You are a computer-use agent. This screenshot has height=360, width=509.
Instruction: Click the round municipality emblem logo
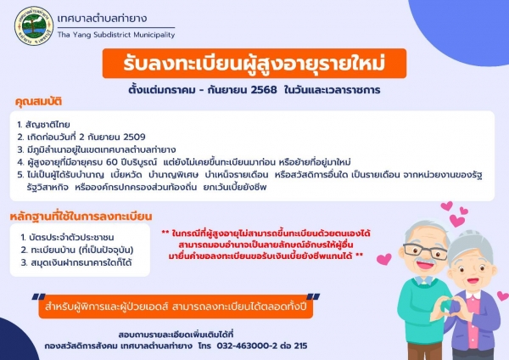point(34,25)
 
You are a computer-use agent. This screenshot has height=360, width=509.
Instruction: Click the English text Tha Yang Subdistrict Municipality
point(116,35)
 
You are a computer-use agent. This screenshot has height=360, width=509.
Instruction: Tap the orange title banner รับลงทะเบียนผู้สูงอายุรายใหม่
point(255,64)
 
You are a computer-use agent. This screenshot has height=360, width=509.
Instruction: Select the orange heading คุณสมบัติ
point(38,102)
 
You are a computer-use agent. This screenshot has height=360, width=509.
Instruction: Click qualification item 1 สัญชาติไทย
point(43,125)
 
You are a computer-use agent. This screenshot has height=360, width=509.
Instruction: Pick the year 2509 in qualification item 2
point(134,137)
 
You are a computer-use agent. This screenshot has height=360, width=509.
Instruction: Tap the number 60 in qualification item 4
point(113,162)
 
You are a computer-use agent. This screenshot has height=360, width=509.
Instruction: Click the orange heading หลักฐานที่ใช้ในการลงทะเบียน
point(81,217)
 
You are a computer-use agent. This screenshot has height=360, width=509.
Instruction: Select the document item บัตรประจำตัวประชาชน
point(67,237)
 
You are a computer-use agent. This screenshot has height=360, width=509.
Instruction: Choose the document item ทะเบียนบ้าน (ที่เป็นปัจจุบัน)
point(77,250)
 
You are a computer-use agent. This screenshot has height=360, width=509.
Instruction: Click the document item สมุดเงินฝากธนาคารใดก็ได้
point(76,262)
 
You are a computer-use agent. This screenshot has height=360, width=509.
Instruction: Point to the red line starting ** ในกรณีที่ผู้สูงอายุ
point(266,233)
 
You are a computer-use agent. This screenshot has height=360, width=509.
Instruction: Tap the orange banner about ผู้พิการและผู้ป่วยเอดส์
point(176,307)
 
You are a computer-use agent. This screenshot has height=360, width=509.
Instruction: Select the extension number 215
point(300,346)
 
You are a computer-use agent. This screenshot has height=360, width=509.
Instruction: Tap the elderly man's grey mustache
point(426,261)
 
